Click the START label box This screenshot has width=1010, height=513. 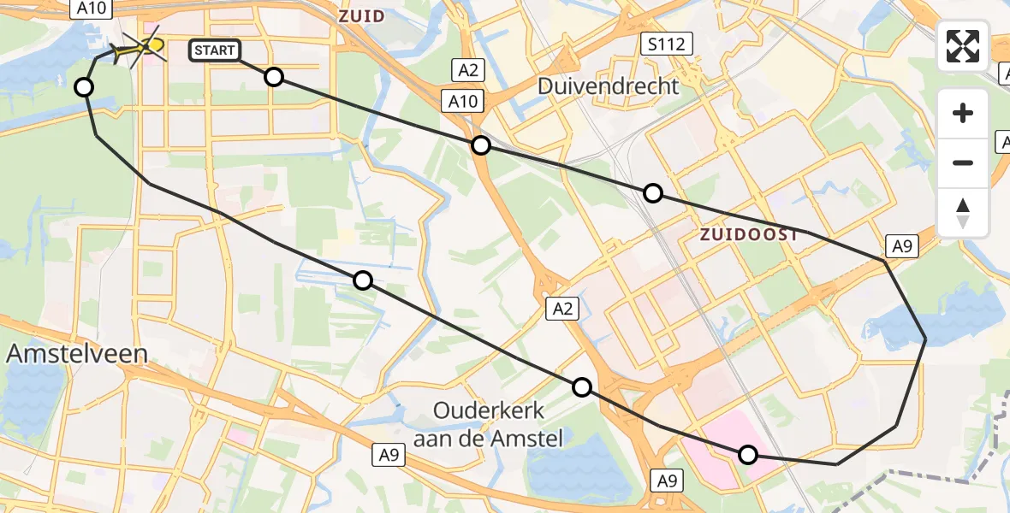pyautogui.click(x=214, y=50)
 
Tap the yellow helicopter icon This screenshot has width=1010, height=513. pyautogui.click(x=140, y=47)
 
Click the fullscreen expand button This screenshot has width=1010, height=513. pyautogui.click(x=963, y=46)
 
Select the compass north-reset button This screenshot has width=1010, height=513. pyautogui.click(x=963, y=213)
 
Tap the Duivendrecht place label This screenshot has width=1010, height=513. pyautogui.click(x=609, y=85)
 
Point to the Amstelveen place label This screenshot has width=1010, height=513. pyautogui.click(x=76, y=353)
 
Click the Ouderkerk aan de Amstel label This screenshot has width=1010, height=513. pyautogui.click(x=488, y=425)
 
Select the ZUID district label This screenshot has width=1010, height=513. pyautogui.click(x=361, y=16)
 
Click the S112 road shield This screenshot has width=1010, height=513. pyautogui.click(x=667, y=44)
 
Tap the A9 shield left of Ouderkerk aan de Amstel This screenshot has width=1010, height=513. pyautogui.click(x=389, y=457)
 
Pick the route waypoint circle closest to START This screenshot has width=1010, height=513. pyautogui.click(x=273, y=77)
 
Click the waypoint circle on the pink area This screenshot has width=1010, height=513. pyautogui.click(x=748, y=455)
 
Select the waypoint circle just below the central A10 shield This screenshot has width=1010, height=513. pyautogui.click(x=481, y=145)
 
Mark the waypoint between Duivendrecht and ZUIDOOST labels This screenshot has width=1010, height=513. pyautogui.click(x=653, y=192)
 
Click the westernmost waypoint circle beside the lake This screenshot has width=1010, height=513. pyautogui.click(x=84, y=86)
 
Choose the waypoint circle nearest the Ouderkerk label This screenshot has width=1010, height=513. pyautogui.click(x=582, y=387)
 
